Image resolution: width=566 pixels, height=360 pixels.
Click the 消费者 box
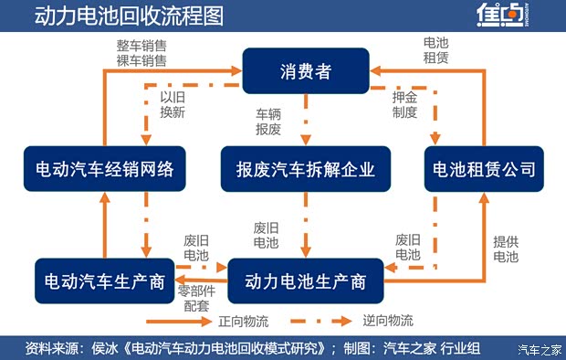pos(306,71)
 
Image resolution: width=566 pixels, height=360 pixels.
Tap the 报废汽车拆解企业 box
pos(305,170)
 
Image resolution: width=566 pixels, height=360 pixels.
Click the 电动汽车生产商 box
pos(105,281)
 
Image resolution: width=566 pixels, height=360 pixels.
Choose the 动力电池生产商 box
pos(305,281)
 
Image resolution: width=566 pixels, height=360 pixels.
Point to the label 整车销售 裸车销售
pos(141,52)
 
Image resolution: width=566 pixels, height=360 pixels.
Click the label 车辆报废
pos(268,122)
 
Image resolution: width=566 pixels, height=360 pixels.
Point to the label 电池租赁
pos(435,50)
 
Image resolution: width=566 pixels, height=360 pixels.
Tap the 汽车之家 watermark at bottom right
pos(538,349)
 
